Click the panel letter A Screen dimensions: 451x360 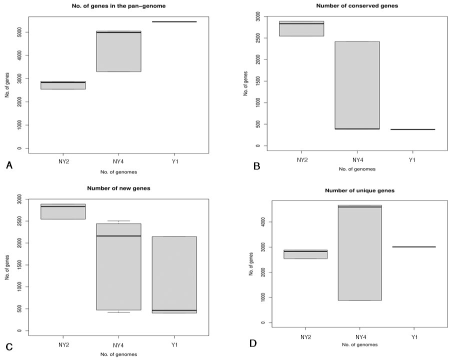[9, 165]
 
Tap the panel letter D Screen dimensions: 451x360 [253, 343]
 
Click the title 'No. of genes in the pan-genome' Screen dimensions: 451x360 [119, 6]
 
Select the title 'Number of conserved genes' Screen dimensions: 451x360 [357, 6]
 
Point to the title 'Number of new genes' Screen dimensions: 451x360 [119, 188]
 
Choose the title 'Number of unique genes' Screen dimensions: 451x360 [360, 190]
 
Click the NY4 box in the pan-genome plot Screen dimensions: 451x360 [119, 51]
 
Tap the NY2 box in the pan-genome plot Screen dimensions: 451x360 [63, 85]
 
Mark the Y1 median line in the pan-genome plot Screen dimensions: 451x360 [174, 22]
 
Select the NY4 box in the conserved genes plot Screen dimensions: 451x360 [357, 85]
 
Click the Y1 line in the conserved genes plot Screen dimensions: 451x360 [412, 129]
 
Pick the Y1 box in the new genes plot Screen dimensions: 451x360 [174, 275]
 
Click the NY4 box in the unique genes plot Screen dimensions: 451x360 [360, 252]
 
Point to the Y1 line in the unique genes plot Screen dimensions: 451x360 [414, 247]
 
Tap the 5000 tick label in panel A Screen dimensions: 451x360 [19, 32]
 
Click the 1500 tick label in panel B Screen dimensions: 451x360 [257, 81]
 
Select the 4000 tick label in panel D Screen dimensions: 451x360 [263, 222]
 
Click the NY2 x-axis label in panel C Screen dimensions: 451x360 [63, 344]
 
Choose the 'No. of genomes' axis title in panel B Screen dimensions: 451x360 [357, 169]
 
